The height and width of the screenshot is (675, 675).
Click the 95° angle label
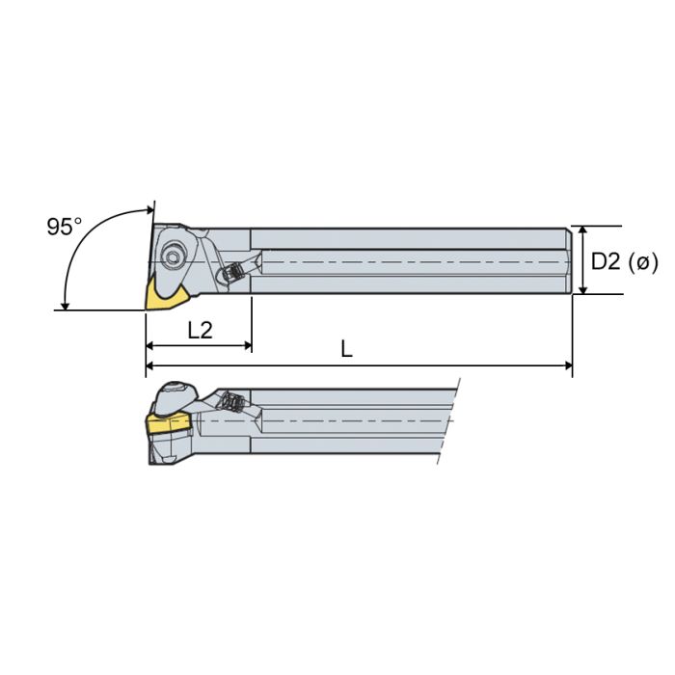coord(65,227)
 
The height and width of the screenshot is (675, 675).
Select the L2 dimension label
coord(200,330)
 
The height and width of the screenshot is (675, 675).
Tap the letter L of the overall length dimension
coord(346,350)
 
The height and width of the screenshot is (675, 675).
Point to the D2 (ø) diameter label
coord(624,260)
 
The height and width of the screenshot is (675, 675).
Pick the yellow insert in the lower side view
coord(168,424)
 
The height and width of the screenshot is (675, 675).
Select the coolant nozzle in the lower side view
coord(231,402)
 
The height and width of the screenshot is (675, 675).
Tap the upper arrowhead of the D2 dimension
coord(582,232)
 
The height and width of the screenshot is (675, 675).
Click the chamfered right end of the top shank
coord(569,260)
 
